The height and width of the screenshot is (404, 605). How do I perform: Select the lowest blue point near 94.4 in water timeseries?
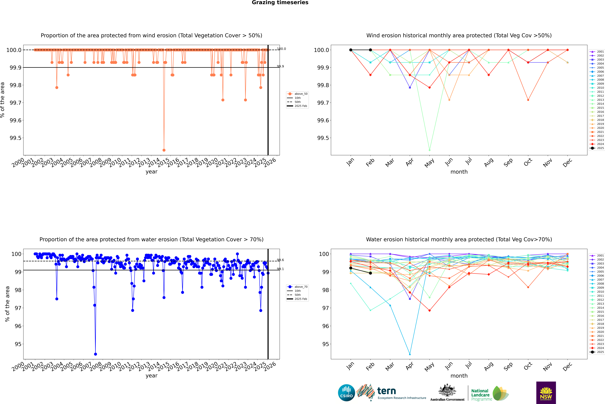pos(95,354)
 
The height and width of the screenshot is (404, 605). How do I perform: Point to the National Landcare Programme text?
pos(480,395)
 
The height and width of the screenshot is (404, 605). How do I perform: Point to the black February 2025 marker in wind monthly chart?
pos(370,50)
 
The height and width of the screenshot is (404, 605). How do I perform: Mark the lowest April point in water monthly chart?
pos(410,354)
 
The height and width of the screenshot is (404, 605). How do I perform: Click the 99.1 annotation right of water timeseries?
pos(280,269)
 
